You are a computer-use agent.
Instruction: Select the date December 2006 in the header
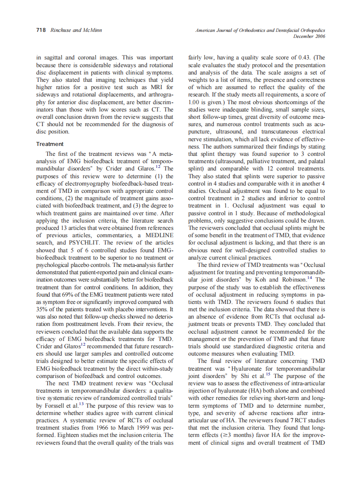309,36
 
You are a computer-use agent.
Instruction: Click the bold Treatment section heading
50,144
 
